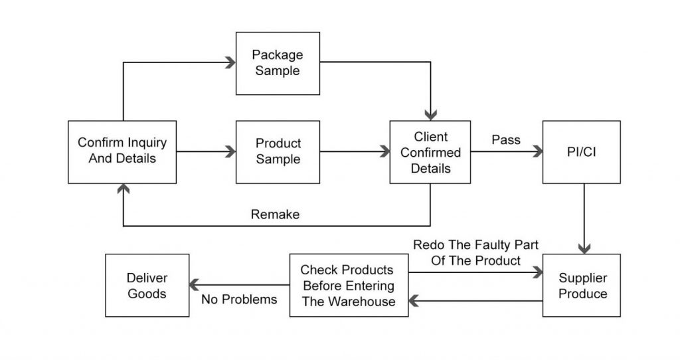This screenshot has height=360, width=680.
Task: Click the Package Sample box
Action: coord(277,62)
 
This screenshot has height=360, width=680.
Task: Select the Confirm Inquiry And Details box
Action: coord(122,151)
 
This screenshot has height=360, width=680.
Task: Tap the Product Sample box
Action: coord(278,151)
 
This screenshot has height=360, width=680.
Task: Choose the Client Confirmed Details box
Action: coord(430,152)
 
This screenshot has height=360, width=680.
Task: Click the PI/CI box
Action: coord(582,152)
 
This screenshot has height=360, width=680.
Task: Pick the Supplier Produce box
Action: coord(582,285)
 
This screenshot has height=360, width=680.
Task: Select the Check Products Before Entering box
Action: coord(347,286)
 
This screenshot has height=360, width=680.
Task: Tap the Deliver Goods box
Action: coord(147,285)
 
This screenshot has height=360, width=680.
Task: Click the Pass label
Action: coord(505,141)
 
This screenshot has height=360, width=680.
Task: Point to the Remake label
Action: coord(275,215)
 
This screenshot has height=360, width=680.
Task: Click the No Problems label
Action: coord(239,300)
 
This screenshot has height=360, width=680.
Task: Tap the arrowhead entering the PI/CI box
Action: coord(537,152)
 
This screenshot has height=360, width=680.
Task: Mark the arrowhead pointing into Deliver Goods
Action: coord(193,286)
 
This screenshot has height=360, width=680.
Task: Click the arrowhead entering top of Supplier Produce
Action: coord(583,249)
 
